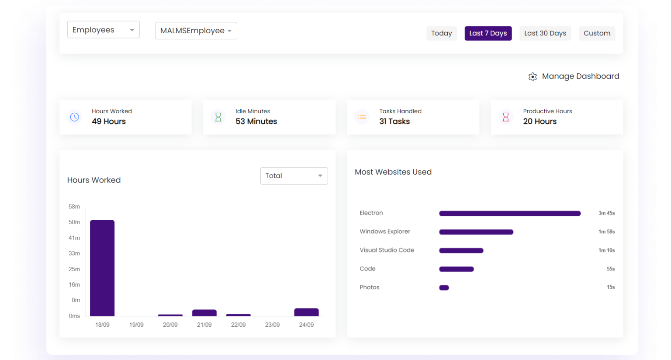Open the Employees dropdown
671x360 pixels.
pyautogui.click(x=103, y=30)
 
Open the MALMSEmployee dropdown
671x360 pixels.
pyautogui.click(x=196, y=31)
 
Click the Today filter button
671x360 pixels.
pyautogui.click(x=441, y=33)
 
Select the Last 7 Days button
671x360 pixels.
pyautogui.click(x=488, y=33)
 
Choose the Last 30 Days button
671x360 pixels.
pyautogui.click(x=545, y=33)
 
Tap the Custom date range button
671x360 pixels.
pyautogui.click(x=597, y=33)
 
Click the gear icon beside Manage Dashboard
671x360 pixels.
pyautogui.click(x=533, y=77)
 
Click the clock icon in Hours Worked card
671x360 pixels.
pyautogui.click(x=75, y=117)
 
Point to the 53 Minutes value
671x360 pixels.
pyautogui.click(x=256, y=121)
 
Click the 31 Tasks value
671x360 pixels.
pyautogui.click(x=394, y=121)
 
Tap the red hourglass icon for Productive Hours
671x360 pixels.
pyautogui.click(x=505, y=117)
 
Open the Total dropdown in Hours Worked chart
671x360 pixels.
pyautogui.click(x=294, y=176)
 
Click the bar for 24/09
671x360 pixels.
pyautogui.click(x=306, y=312)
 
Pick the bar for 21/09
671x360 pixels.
pyautogui.click(x=204, y=313)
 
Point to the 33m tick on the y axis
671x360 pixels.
pyautogui.click(x=74, y=253)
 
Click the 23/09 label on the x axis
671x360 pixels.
pyautogui.click(x=272, y=325)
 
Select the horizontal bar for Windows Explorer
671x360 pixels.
pyautogui.click(x=476, y=232)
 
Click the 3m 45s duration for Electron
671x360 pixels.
pyautogui.click(x=606, y=213)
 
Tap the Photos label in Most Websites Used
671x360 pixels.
pyautogui.click(x=369, y=287)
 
